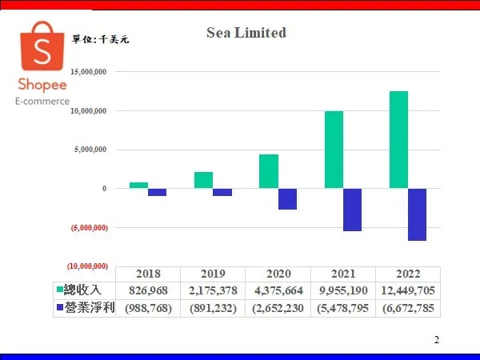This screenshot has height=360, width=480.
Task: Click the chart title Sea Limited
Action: pyautogui.click(x=246, y=33)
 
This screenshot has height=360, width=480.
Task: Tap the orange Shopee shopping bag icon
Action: pyautogui.click(x=42, y=46)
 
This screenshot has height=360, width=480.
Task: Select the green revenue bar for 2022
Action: pyautogui.click(x=398, y=139)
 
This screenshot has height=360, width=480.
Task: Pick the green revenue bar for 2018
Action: pyautogui.click(x=138, y=186)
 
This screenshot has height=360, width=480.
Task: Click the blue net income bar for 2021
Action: pyautogui.click(x=352, y=210)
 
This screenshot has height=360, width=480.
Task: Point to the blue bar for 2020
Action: pyautogui.click(x=287, y=199)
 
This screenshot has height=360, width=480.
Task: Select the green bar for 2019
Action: pyautogui.click(x=203, y=180)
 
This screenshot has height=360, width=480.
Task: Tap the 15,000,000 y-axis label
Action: pyautogui.click(x=89, y=72)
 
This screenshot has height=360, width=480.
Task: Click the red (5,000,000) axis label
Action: pyautogui.click(x=90, y=228)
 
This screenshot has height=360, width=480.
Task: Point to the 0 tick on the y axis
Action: pyautogui.click(x=104, y=189)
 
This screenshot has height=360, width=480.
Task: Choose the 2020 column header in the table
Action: pyautogui.click(x=278, y=274)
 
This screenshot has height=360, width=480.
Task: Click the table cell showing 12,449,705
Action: pyautogui.click(x=408, y=290)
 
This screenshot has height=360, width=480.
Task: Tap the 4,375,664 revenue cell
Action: pyautogui.click(x=278, y=290)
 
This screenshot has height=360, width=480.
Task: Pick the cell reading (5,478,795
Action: pyautogui.click(x=342, y=308)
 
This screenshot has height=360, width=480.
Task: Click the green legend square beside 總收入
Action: pyautogui.click(x=60, y=289)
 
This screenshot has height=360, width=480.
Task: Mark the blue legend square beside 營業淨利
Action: pyautogui.click(x=60, y=306)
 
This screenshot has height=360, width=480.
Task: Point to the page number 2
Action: pyautogui.click(x=437, y=340)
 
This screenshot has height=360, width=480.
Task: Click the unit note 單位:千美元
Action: pyautogui.click(x=101, y=39)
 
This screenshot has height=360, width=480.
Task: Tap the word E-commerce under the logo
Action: pyautogui.click(x=42, y=102)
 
